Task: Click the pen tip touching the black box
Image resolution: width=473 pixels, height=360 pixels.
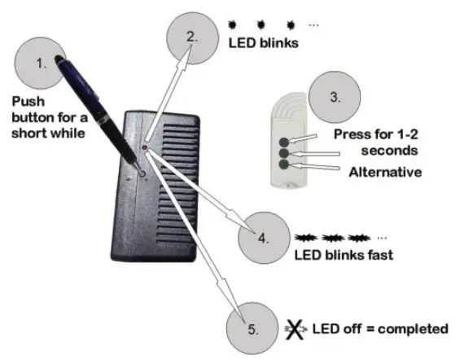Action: (139, 172)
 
